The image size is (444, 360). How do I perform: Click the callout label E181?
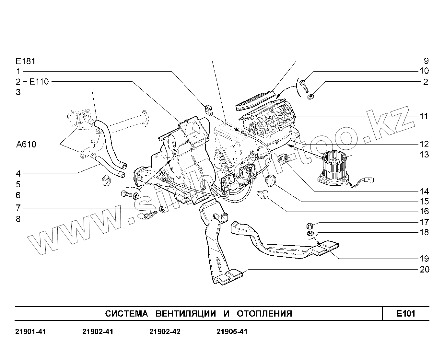26,61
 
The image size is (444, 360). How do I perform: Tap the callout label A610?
26,144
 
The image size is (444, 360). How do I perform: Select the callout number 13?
424,155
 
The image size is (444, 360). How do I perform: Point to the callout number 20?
424,269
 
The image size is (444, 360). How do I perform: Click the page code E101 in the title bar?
406,313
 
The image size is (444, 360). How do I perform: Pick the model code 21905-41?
232,332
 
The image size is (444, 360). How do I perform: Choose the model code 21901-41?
30,332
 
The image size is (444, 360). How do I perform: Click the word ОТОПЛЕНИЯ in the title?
264,314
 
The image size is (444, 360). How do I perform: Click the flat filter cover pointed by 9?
256,100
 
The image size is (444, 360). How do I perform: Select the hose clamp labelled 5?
106,180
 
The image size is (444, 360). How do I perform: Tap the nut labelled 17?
309,225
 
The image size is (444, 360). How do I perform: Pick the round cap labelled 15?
271,181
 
